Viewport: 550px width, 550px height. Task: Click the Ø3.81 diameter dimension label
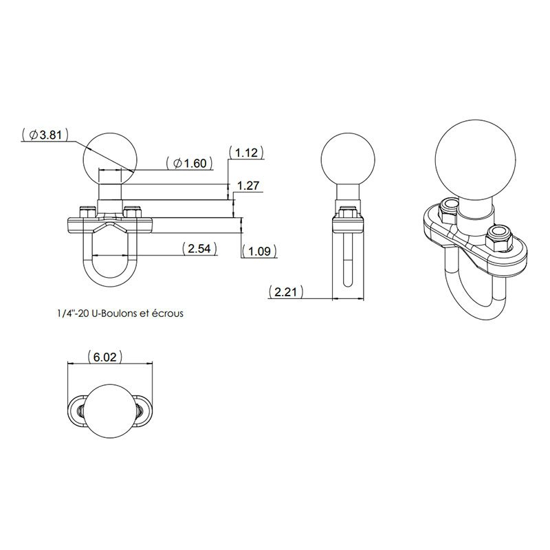[x=45, y=135]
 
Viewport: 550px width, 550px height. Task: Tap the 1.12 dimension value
[x=246, y=153]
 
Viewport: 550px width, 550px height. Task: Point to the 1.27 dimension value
[x=248, y=185]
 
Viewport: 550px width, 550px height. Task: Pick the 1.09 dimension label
[x=259, y=251]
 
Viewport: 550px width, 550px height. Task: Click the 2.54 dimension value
[x=199, y=248]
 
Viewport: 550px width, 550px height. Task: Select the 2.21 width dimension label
[x=285, y=291]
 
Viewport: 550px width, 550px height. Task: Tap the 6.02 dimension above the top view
[x=105, y=357]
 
